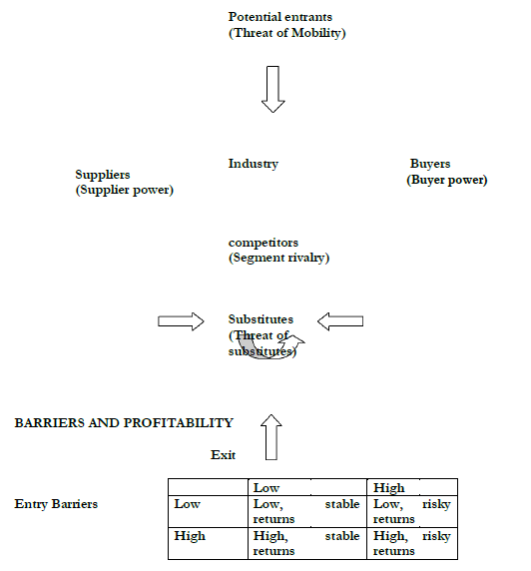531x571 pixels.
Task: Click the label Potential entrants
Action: pos(279,18)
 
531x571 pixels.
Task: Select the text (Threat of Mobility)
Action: pos(286,33)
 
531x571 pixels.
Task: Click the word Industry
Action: pos(253,164)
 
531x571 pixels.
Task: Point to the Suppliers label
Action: pos(103,175)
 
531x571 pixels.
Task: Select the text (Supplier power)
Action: pos(124,190)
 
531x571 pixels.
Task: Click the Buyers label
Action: pos(430,164)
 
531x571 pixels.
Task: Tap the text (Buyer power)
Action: pos(446,180)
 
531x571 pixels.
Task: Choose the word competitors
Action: pos(263,243)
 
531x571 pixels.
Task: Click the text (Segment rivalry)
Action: pos(278,258)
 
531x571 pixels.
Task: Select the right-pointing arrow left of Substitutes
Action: pos(180,320)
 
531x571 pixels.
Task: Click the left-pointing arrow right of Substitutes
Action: pos(340,320)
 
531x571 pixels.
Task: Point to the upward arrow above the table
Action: pos(271,435)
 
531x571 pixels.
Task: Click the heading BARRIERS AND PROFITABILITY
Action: pos(124,423)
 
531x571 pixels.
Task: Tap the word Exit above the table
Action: pos(223,455)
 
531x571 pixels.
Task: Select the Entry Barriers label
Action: pos(56,504)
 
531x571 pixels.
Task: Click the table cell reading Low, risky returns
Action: pos(411,511)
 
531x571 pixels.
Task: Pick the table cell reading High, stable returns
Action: pos(305,543)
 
